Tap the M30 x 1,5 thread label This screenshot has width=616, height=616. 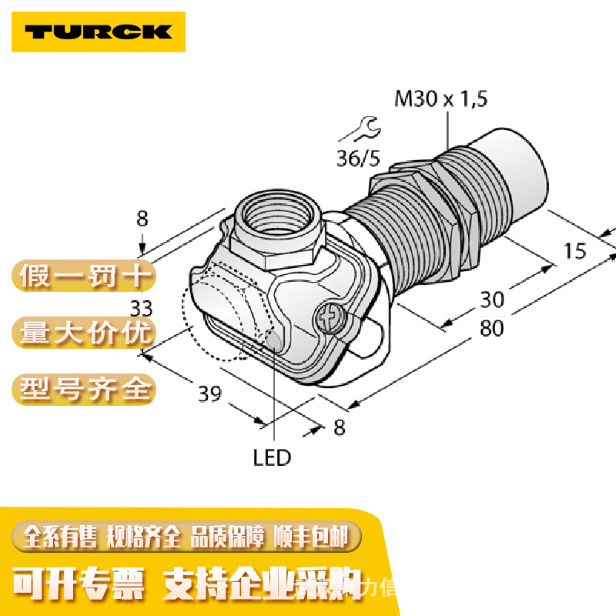pyautogui.click(x=441, y=99)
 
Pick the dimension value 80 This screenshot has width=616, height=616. pyautogui.click(x=490, y=328)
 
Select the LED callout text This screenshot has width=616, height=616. pyautogui.click(x=272, y=458)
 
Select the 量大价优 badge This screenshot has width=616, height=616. pyautogui.click(x=84, y=333)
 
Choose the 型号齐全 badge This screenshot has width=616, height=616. pyautogui.click(x=84, y=388)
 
